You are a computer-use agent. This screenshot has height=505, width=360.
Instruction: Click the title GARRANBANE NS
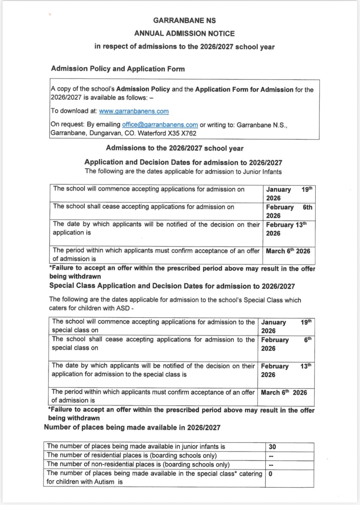coord(184,20)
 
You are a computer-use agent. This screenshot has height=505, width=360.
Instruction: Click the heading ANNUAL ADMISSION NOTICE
coord(184,33)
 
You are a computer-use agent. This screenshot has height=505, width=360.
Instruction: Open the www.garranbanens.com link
coord(134,111)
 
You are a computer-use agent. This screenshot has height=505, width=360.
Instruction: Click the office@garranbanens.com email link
coord(160,125)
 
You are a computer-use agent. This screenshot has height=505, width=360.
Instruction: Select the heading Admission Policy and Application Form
coord(118,69)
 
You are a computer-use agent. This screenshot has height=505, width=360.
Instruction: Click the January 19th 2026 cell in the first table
coord(288,193)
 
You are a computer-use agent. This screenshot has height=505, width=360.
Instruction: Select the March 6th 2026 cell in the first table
coord(288,251)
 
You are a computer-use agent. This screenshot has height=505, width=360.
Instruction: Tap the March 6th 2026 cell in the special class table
coord(284,392)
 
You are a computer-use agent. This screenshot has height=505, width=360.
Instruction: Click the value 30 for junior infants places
coord(272,447)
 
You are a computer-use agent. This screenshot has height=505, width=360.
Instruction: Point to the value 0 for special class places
coord(270,474)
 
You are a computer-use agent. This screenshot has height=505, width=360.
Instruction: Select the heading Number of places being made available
coord(132,428)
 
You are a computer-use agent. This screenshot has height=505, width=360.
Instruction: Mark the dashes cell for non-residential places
coord(271,465)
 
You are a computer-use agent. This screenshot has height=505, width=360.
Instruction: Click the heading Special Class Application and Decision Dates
coord(172,286)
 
